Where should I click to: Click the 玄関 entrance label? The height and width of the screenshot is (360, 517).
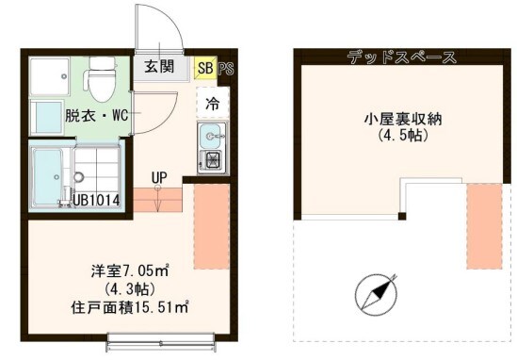tap(157, 67)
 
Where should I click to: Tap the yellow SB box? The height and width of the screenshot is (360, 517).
tap(204, 68)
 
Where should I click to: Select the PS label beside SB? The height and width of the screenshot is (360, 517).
tap(225, 68)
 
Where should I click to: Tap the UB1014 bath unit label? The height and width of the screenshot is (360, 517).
tap(92, 199)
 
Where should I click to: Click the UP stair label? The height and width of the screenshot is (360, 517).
tap(158, 176)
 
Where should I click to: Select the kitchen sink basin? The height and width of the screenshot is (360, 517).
tap(209, 133)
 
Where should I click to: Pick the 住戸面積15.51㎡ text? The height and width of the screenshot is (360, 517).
tap(130, 305)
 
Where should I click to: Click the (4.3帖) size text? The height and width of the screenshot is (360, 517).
tap(110, 288)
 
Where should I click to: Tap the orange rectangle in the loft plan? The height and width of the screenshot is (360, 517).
tap(485, 225)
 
